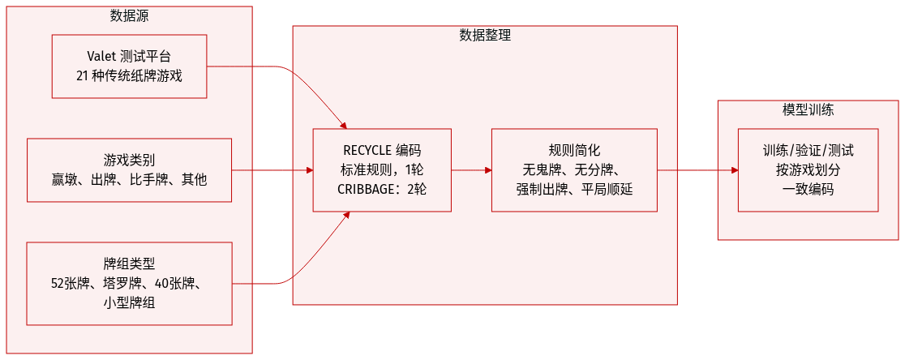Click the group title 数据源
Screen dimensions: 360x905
[x=129, y=16]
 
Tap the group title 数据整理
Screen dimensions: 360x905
[x=484, y=36]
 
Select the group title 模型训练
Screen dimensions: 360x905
[x=808, y=110]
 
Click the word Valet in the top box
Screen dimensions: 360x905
[x=102, y=58]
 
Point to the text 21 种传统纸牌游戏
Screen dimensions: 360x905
[x=129, y=76]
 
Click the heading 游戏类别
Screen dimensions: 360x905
[x=129, y=160]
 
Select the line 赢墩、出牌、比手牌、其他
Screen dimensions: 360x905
[x=129, y=178]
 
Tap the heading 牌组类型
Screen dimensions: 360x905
[x=129, y=264]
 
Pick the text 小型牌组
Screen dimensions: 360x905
[x=129, y=302]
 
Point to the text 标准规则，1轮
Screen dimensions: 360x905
[x=382, y=170]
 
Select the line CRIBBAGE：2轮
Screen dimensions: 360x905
[x=382, y=190]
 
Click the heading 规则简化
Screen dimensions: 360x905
[x=574, y=151]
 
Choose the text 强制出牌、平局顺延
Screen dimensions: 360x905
[x=574, y=190]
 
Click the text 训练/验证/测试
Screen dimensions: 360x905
[x=808, y=151]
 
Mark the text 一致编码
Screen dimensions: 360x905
[x=808, y=190]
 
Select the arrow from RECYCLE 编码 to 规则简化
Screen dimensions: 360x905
[x=470, y=170]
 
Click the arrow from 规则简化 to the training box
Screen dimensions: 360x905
[x=696, y=170]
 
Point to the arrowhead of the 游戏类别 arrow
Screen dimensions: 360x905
[x=309, y=170]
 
